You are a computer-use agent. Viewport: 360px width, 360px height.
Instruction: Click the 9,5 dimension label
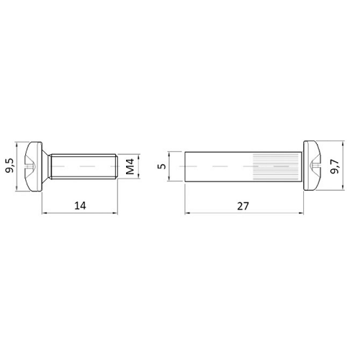tap(10, 166)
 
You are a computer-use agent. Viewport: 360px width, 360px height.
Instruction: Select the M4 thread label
tap(130, 166)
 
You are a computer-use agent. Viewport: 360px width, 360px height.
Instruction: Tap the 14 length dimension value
tap(80, 206)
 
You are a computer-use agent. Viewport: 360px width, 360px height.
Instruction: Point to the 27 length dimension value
tap(243, 206)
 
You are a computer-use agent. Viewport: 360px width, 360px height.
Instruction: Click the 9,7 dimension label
tap(335, 166)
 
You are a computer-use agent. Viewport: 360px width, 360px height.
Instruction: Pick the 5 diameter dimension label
tap(163, 166)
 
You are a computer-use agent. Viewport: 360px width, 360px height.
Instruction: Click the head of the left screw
tap(35, 166)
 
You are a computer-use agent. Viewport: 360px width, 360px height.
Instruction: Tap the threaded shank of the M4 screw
tap(83, 166)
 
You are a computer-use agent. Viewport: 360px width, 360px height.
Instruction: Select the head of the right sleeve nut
tap(312, 166)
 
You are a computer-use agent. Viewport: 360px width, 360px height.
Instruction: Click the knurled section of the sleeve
tap(276, 166)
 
